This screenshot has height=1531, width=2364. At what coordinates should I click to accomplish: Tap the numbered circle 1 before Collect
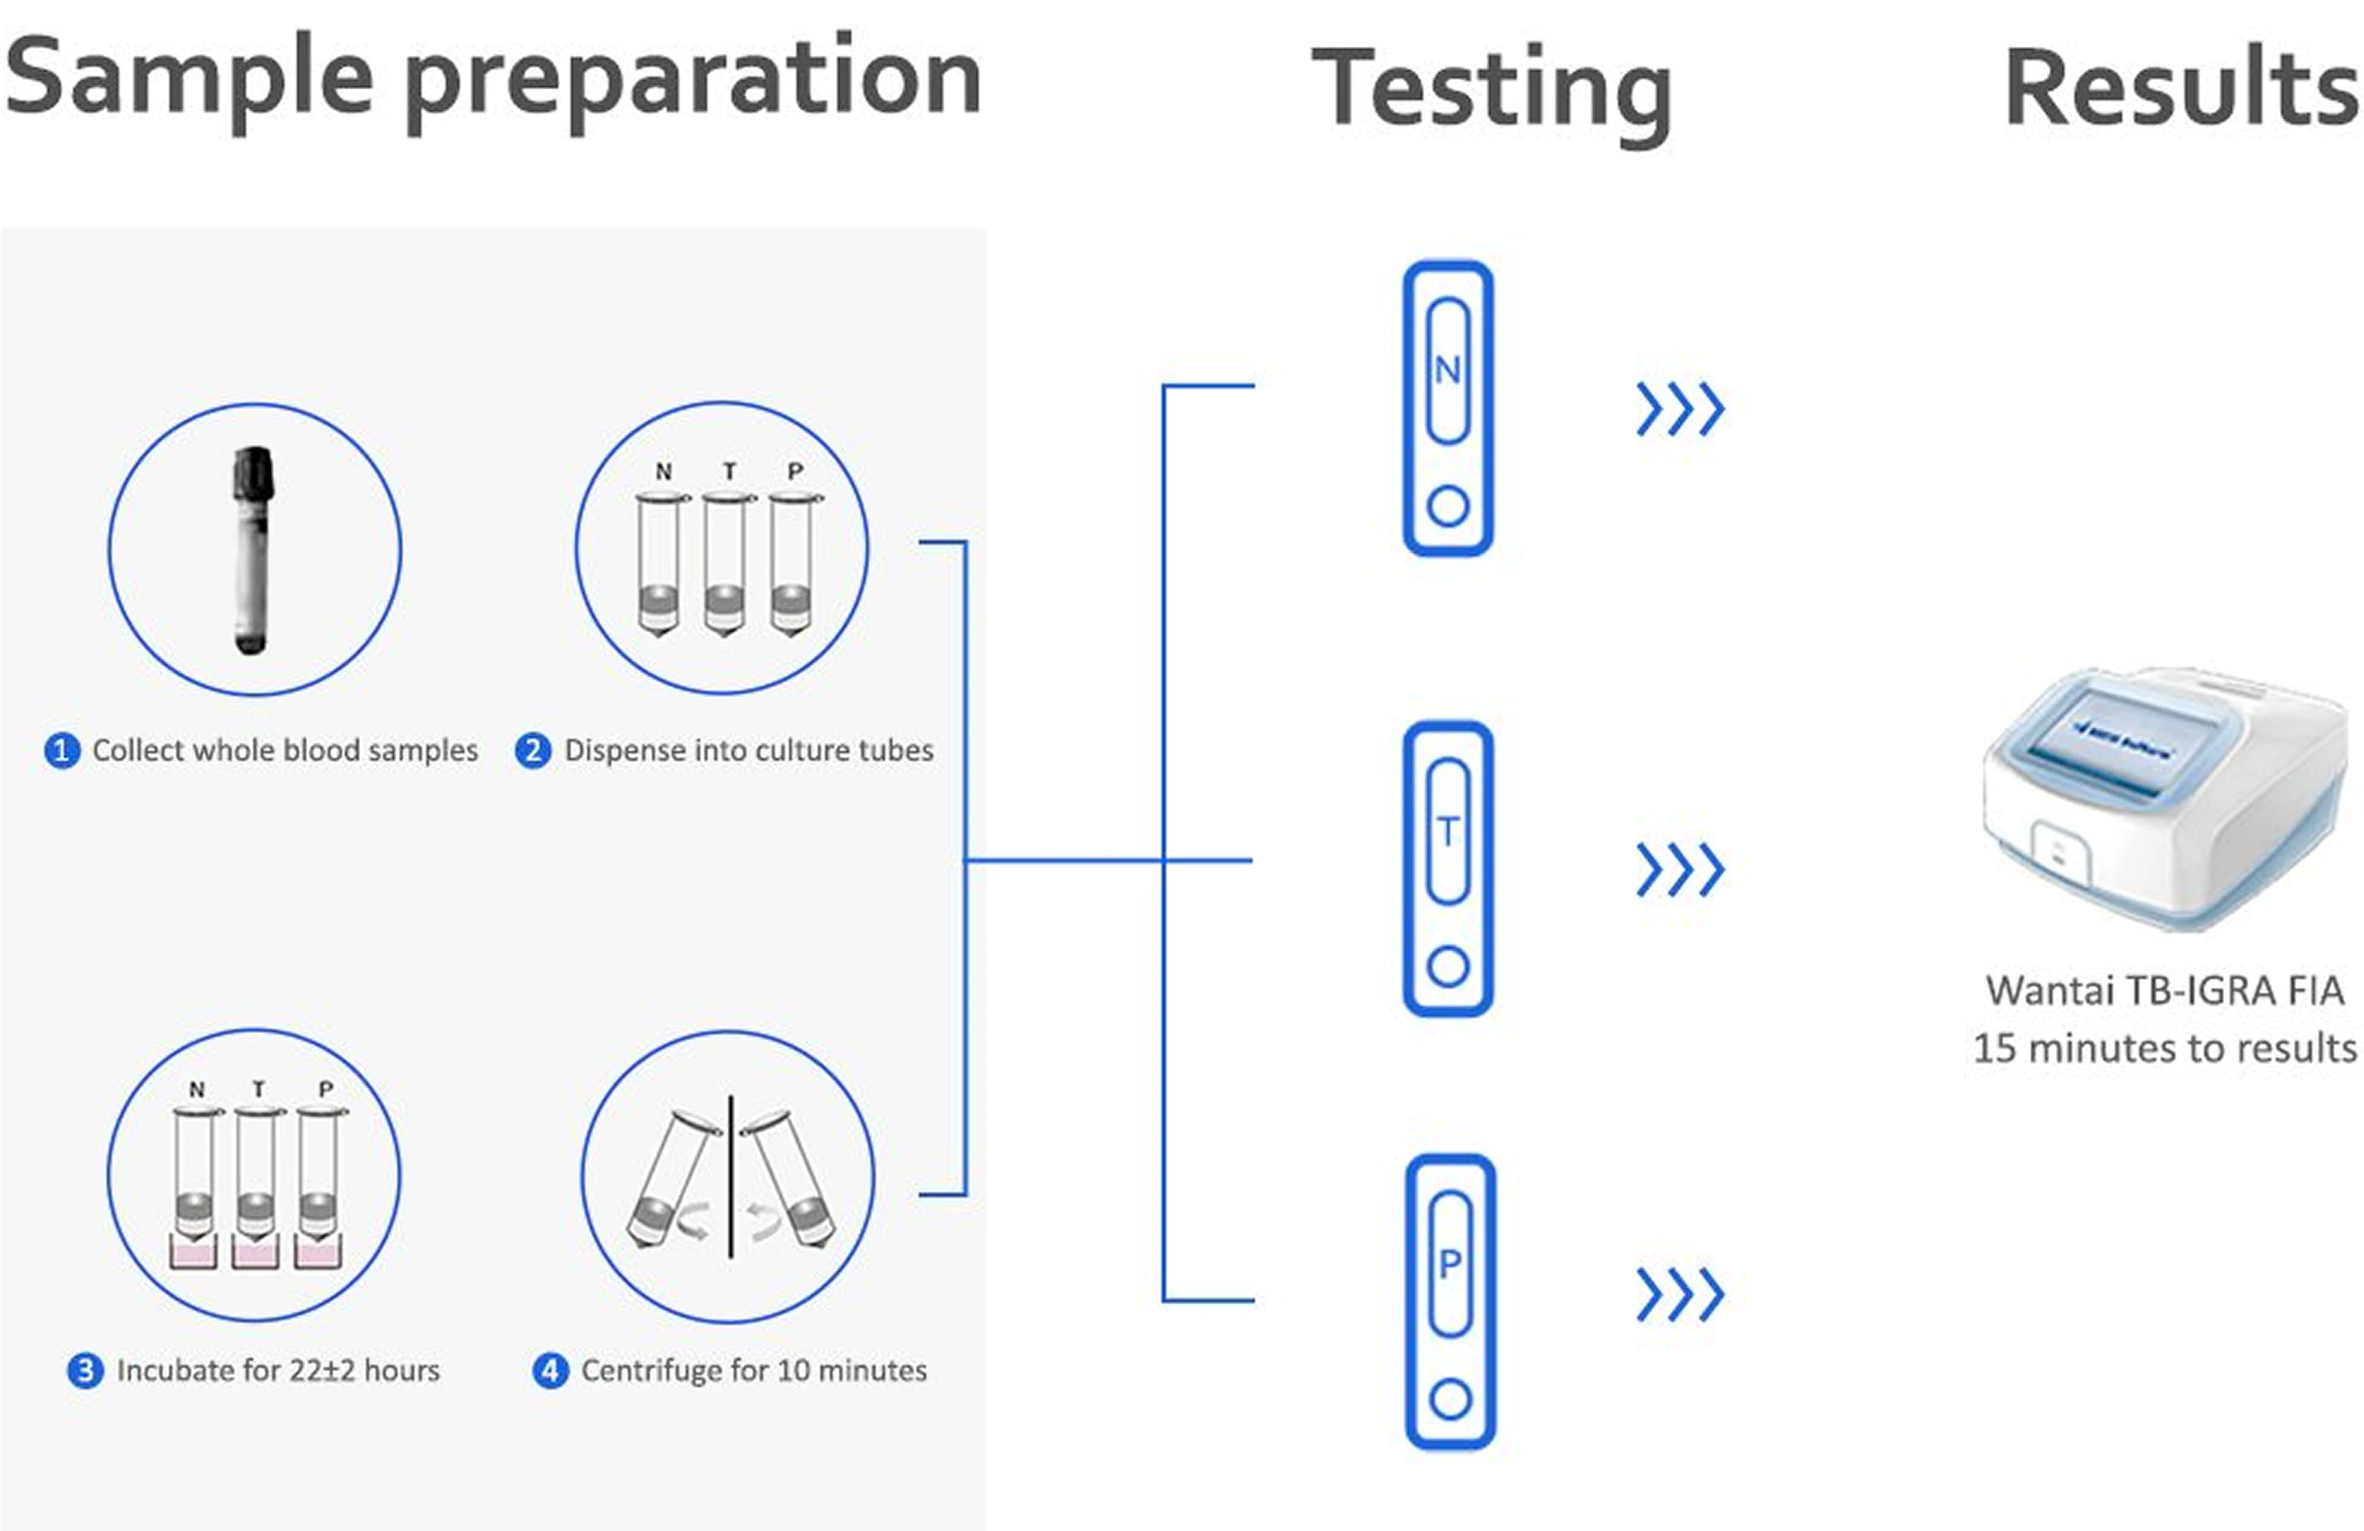(x=61, y=751)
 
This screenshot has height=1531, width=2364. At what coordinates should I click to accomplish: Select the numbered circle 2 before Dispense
(x=533, y=751)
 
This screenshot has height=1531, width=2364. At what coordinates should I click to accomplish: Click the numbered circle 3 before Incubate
(x=86, y=1371)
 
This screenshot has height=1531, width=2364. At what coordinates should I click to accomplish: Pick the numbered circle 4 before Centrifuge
(x=551, y=1371)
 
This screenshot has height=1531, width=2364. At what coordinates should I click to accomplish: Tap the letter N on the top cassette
(x=1447, y=371)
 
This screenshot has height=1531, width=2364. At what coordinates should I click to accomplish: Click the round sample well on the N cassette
(x=1448, y=507)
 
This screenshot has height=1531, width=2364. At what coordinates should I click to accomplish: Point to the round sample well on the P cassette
(x=1450, y=1400)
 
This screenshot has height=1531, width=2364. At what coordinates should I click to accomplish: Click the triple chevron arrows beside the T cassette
(x=1680, y=870)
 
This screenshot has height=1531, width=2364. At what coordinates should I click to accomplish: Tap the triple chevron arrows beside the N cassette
(x=1680, y=409)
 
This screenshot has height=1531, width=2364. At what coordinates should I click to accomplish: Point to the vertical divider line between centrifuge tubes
(x=731, y=1177)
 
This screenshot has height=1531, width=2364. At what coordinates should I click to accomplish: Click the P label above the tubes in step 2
(x=796, y=472)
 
